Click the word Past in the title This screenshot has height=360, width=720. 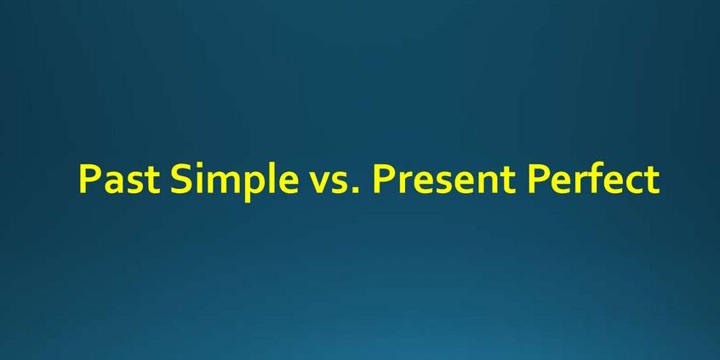click(x=119, y=178)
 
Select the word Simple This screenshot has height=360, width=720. click(x=234, y=181)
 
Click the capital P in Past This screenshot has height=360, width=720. click(x=89, y=179)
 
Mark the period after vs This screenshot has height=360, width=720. click(x=358, y=190)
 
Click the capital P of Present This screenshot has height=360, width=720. click(x=384, y=179)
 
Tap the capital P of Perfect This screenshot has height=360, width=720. click(x=538, y=179)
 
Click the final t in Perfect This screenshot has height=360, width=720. click(x=652, y=180)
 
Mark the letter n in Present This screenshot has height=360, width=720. click(x=489, y=182)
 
